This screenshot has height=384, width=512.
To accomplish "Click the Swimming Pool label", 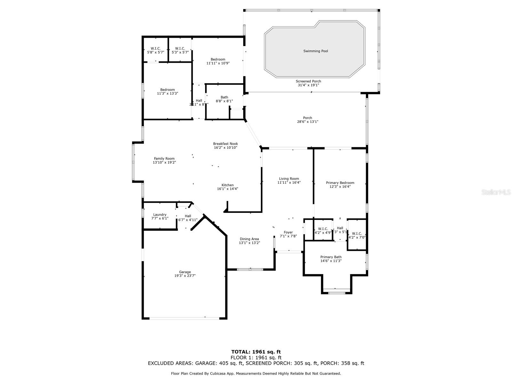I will tap(316, 51).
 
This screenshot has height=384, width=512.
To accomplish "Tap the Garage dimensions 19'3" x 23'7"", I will tap(185, 276).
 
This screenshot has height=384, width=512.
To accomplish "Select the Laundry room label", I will tap(160, 215).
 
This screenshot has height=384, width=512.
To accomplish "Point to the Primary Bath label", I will tap(331, 257).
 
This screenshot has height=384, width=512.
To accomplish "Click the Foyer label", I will tap(288, 232).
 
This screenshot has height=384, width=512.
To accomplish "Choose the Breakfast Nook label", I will tap(225, 144).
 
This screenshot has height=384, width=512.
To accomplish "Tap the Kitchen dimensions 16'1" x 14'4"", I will tap(227, 189).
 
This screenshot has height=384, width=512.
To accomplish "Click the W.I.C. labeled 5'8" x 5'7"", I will tap(156, 50).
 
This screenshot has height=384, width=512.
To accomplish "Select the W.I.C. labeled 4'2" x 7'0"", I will tap(356, 236).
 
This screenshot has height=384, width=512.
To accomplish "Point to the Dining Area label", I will tap(249, 239).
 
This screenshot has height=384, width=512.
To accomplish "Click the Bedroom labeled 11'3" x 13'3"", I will tap(167, 92).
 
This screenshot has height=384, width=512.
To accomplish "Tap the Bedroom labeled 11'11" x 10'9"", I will tap(218, 61).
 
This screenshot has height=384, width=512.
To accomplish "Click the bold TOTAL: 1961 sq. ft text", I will tap(256, 352).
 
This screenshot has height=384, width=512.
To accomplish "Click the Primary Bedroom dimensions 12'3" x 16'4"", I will tap(340, 187).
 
